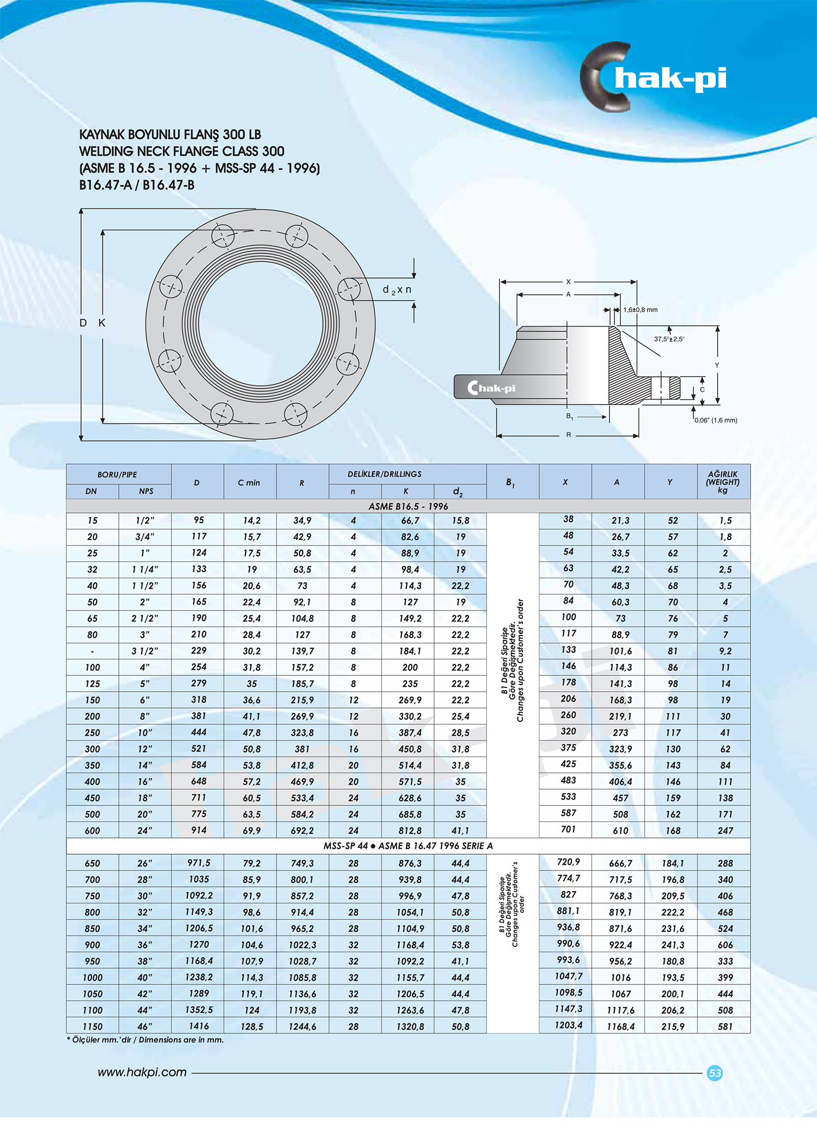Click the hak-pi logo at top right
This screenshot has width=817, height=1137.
tap(654, 77)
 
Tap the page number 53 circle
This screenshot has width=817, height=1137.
tap(715, 1073)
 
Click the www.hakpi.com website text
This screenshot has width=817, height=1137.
tap(142, 1072)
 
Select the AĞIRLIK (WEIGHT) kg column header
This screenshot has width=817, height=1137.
tap(723, 482)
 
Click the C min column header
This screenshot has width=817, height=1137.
tap(249, 482)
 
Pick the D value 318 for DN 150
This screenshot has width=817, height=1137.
tap(199, 699)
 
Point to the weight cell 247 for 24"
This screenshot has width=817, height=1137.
tap(725, 830)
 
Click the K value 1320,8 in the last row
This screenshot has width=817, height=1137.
tap(410, 1026)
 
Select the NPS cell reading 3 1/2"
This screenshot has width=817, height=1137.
tap(145, 651)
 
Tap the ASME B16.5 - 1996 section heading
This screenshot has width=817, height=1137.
tap(408, 506)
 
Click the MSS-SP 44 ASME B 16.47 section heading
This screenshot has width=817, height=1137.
tap(408, 845)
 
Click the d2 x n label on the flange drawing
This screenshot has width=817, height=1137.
tap(397, 290)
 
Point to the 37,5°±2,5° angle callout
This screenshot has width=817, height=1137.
tap(669, 339)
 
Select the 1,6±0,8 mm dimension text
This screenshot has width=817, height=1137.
tap(640, 310)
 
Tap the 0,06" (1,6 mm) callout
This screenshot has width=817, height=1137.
tap(716, 420)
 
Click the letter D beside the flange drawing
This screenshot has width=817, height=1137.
tap(83, 323)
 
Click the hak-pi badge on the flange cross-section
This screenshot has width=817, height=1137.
tap(491, 388)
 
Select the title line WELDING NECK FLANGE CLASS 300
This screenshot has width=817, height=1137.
tap(181, 152)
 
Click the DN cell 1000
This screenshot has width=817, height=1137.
tap(93, 977)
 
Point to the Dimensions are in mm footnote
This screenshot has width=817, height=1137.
tap(145, 1039)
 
